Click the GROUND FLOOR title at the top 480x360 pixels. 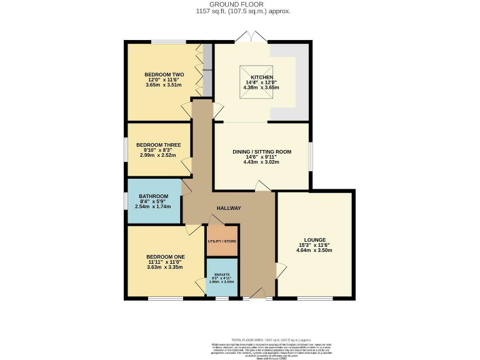click(x=240, y=4)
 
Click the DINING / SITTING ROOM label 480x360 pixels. click(x=261, y=151)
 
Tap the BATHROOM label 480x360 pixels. click(x=153, y=196)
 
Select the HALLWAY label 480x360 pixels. click(x=229, y=208)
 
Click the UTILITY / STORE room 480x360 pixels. click(x=222, y=241)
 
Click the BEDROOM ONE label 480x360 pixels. click(x=166, y=256)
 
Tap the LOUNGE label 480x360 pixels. click(x=314, y=239)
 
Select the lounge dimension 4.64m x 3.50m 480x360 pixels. click(x=314, y=250)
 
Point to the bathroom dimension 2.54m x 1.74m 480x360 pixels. click(x=153, y=206)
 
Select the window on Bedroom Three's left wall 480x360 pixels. click(x=126, y=150)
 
